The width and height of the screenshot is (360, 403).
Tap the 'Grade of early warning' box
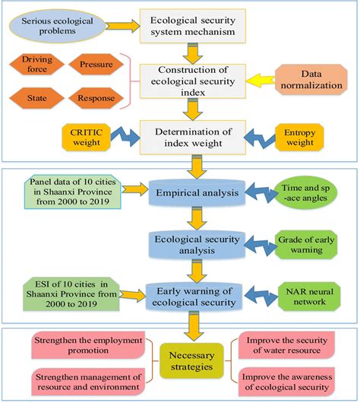[314, 245]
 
